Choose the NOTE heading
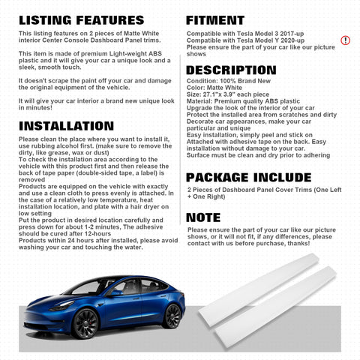pos(203,217)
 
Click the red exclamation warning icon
pos(345,40)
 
